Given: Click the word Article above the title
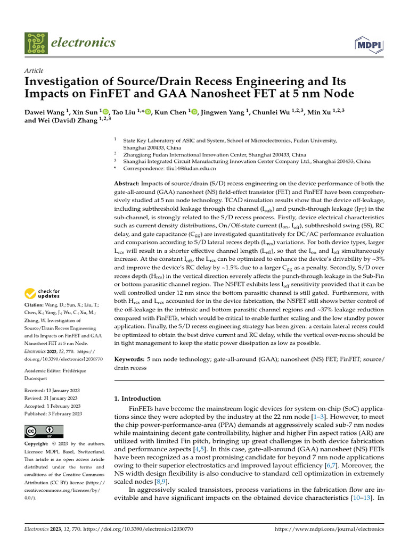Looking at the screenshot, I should coord(34,71).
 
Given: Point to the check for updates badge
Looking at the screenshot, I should coord(42,293).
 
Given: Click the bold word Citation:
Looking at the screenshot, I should coord(37,305).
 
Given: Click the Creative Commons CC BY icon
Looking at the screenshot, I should coord(44,431).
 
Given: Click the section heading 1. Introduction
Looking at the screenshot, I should coord(138,398).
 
